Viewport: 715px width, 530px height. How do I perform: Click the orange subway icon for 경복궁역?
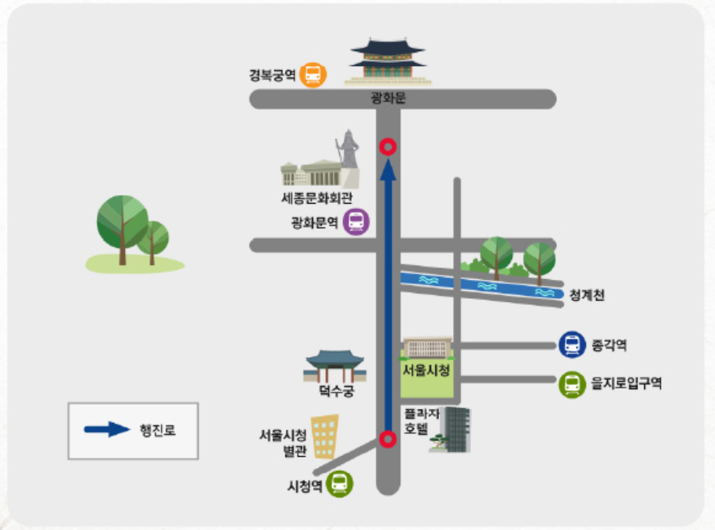(x=313, y=75)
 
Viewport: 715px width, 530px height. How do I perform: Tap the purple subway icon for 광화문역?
(x=356, y=223)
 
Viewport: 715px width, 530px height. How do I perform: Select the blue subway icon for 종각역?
(x=572, y=344)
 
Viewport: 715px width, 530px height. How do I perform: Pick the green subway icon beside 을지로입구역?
(x=572, y=385)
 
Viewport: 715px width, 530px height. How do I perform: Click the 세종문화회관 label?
(x=317, y=197)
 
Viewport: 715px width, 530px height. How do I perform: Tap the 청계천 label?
(x=588, y=296)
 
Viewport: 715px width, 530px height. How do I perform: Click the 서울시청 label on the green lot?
(x=426, y=369)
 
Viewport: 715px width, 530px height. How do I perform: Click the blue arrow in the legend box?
(x=107, y=429)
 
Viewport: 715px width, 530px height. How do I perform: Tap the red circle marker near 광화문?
(x=387, y=146)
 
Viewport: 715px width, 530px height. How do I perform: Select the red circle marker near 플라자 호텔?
(x=387, y=439)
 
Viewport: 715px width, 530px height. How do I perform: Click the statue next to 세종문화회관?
(x=348, y=150)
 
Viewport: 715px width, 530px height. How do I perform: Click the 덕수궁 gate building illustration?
(x=336, y=366)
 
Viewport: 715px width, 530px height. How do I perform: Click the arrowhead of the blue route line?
(x=387, y=170)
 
